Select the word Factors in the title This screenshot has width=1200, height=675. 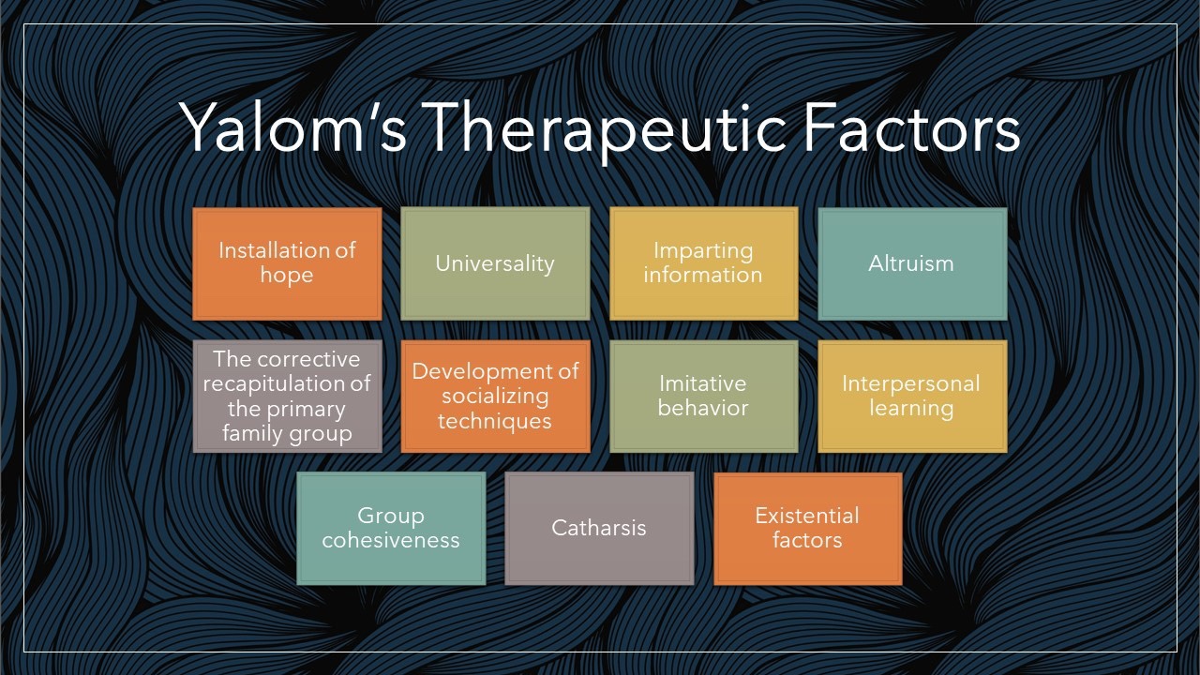[x=911, y=127]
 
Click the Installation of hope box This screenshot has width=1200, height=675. [x=287, y=263]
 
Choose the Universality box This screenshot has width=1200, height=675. [x=495, y=263]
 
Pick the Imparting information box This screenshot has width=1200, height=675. [x=703, y=263]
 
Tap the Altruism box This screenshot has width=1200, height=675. [x=912, y=263]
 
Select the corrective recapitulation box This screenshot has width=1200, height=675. [x=287, y=397]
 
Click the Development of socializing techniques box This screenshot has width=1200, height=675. [x=495, y=397]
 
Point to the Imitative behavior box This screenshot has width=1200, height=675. [x=703, y=397]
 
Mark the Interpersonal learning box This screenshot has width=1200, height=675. [x=912, y=397]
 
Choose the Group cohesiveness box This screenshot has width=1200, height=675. [x=391, y=529]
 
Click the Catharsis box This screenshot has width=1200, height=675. [x=599, y=529]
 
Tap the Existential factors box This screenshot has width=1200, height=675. [x=807, y=529]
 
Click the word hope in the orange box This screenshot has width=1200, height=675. [x=287, y=276]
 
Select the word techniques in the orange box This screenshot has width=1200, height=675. [x=495, y=421]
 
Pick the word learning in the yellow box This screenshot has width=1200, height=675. [x=911, y=409]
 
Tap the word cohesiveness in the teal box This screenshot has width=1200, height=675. [x=391, y=541]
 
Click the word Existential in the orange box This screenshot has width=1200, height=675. [x=807, y=516]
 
